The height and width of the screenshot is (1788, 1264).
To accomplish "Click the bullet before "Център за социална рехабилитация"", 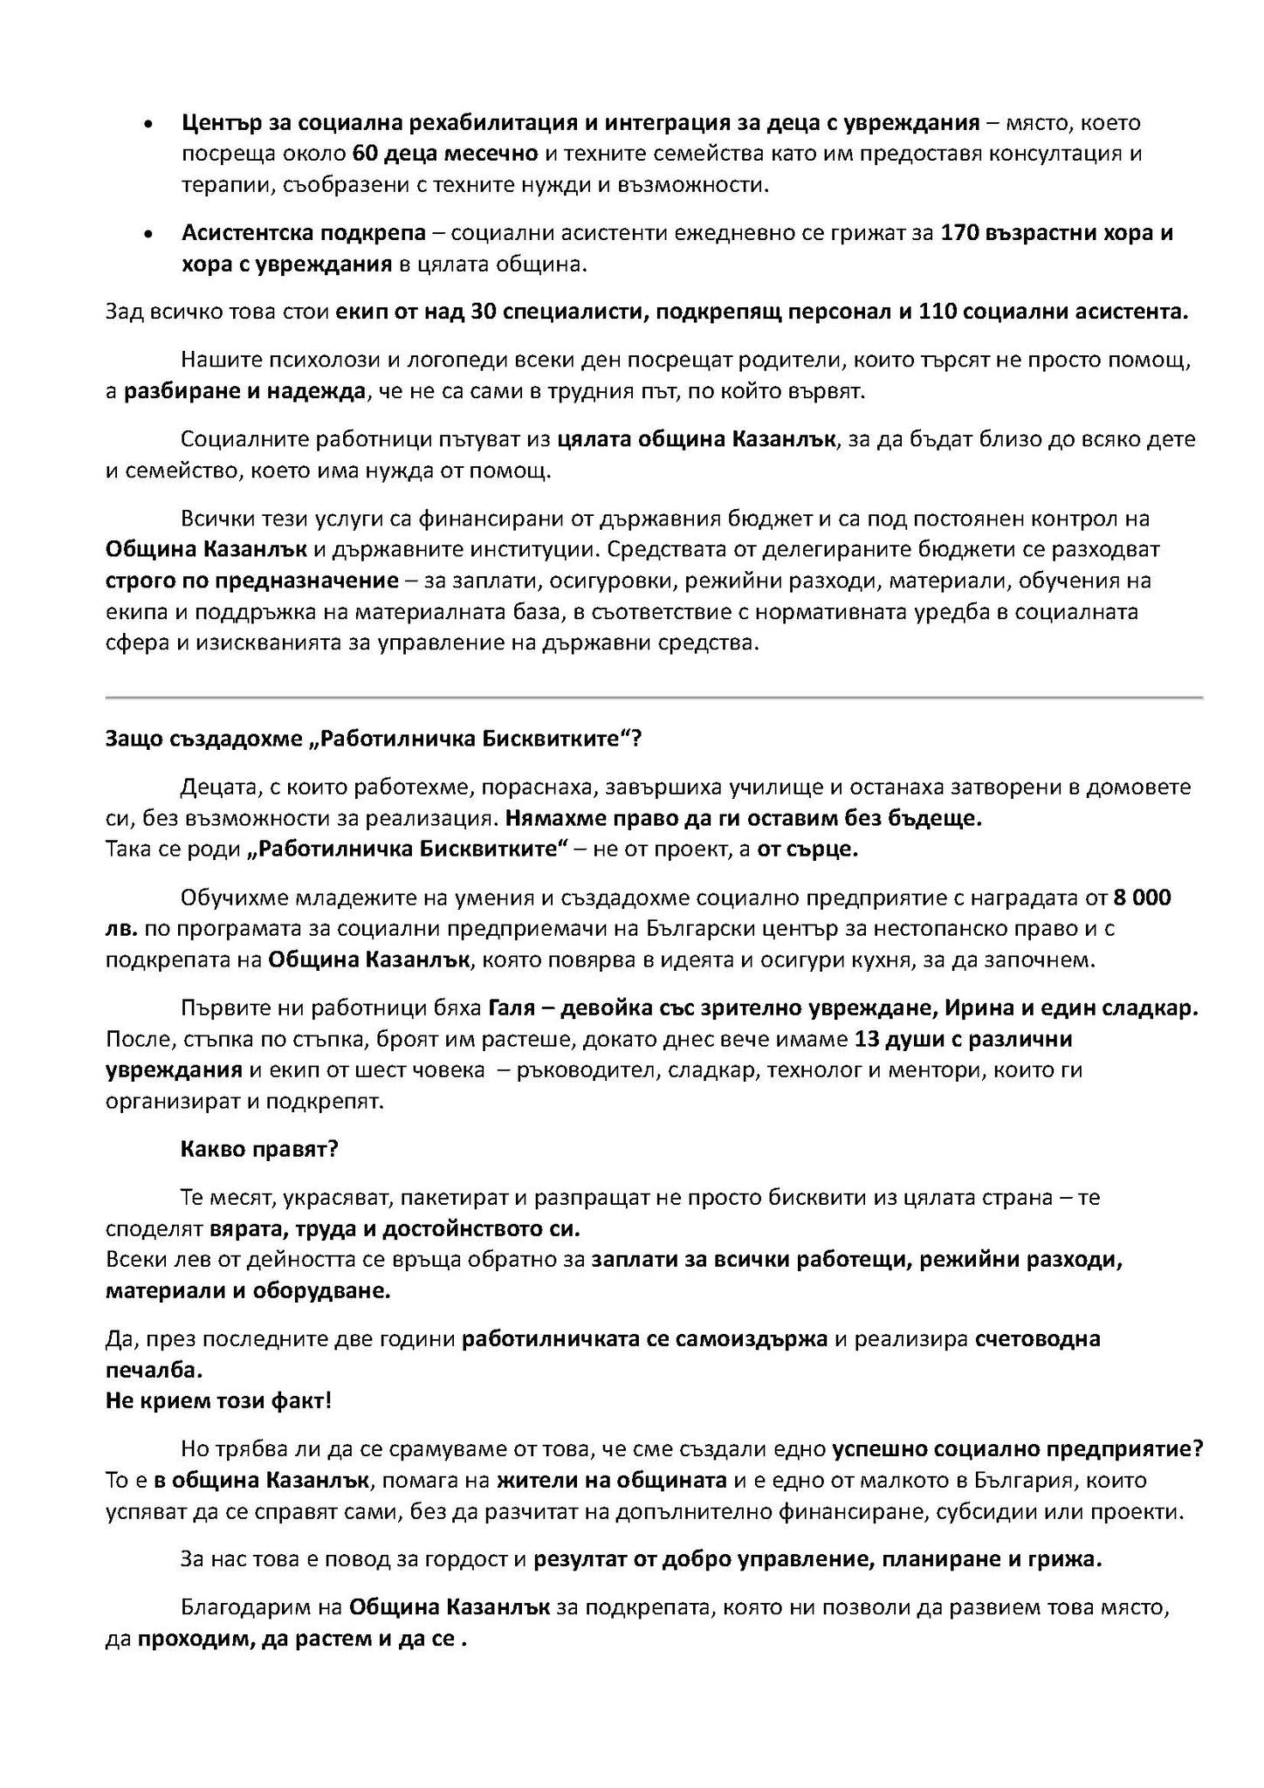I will click(151, 124).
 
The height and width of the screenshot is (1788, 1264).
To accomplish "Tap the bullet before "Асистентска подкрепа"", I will click(151, 235).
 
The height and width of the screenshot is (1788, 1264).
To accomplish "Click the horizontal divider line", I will click(654, 698).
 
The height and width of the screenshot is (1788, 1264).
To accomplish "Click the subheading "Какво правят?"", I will click(258, 1149).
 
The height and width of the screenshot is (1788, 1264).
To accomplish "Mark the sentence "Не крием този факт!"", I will click(218, 1401).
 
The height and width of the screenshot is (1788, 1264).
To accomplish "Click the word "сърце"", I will click(824, 849).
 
